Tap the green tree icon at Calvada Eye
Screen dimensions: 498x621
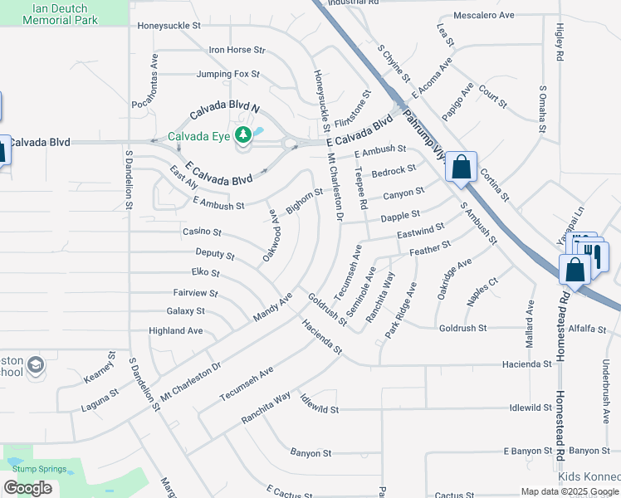(x=243, y=134)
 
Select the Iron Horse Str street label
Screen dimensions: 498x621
(x=237, y=51)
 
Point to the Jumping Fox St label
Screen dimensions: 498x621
(x=228, y=74)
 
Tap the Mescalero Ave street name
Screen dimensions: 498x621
(x=484, y=15)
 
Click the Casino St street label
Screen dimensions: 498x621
(x=203, y=232)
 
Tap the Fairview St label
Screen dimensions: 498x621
(x=195, y=293)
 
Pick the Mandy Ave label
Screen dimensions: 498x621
(x=273, y=308)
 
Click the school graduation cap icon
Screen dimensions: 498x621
(x=36, y=364)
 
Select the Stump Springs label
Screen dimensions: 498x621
(x=35, y=469)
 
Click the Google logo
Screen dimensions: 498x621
(x=28, y=488)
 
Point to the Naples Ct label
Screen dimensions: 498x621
(x=482, y=295)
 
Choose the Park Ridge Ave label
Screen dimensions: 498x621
(x=399, y=310)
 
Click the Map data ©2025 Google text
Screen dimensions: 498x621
(x=570, y=491)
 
